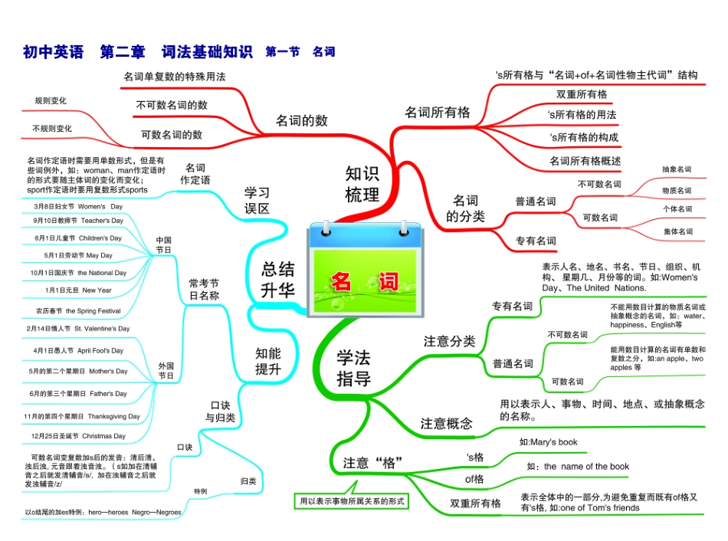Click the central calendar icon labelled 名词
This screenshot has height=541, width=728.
pyautogui.click(x=364, y=270)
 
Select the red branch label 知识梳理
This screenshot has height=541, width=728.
pyautogui.click(x=362, y=184)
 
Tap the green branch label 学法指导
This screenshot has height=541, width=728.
pyautogui.click(x=353, y=368)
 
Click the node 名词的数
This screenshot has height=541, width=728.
pyautogui.click(x=301, y=120)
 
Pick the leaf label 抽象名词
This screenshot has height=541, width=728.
pyautogui.click(x=677, y=169)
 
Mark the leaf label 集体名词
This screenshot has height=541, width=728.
pyautogui.click(x=677, y=231)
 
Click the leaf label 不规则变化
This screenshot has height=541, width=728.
pyautogui.click(x=52, y=129)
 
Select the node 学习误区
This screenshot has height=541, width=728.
pyautogui.click(x=257, y=199)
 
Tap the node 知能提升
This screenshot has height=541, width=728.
pyautogui.click(x=268, y=361)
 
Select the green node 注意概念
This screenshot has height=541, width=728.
pyautogui.click(x=447, y=423)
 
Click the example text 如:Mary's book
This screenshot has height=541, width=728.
pyautogui.click(x=548, y=442)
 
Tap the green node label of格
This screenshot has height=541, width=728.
pyautogui.click(x=475, y=479)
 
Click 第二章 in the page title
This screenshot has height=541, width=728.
pyautogui.click(x=123, y=52)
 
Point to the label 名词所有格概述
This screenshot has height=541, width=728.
pyautogui.click(x=585, y=161)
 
